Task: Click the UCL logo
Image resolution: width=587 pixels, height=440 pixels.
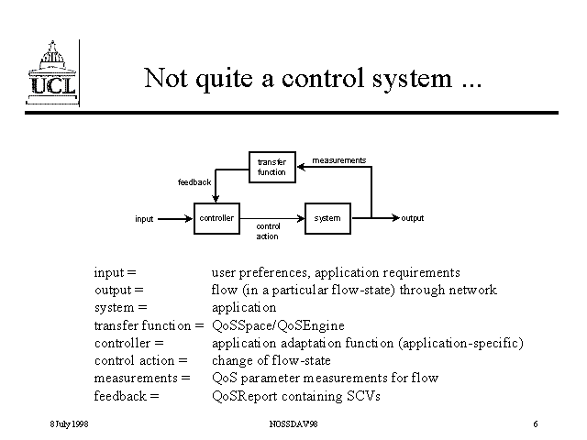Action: tap(51, 71)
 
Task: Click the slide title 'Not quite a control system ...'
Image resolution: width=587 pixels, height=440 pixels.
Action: tap(312, 78)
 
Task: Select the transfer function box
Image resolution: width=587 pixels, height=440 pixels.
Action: tap(271, 167)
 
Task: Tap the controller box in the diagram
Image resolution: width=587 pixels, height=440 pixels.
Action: tap(216, 218)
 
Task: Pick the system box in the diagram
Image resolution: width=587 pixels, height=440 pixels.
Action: tap(327, 218)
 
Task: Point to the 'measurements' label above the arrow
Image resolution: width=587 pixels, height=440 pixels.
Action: tap(338, 160)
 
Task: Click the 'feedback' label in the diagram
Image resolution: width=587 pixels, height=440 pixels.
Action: tap(194, 181)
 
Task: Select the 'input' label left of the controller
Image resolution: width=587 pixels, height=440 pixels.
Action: tap(144, 219)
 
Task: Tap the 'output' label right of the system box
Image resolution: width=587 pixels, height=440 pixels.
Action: tap(412, 218)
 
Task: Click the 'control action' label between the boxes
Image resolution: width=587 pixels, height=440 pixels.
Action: tap(268, 231)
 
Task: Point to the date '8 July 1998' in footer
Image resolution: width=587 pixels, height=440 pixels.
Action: tap(69, 423)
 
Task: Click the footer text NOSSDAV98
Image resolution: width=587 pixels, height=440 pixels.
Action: tap(293, 423)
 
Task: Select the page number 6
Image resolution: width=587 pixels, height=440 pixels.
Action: tap(535, 423)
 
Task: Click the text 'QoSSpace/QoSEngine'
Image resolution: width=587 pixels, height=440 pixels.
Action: tap(278, 325)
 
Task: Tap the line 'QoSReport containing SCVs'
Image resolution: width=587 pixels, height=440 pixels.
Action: tap(295, 396)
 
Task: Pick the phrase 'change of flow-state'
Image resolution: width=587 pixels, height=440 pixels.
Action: tap(271, 360)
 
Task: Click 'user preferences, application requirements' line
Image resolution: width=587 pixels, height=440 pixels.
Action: tap(336, 272)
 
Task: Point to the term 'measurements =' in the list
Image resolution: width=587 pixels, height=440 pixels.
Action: tap(141, 378)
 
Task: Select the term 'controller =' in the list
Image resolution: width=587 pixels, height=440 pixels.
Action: tap(128, 343)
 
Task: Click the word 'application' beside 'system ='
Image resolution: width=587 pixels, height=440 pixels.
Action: tap(243, 307)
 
